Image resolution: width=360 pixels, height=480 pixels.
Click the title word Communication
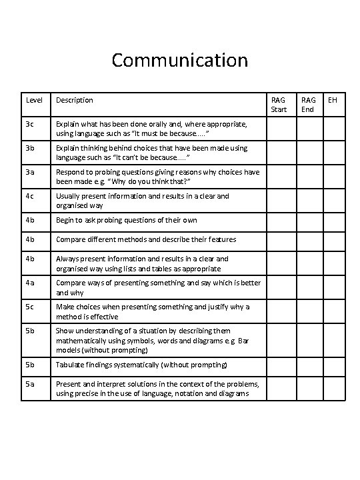click(179, 61)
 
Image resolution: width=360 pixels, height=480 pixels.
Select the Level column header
click(33, 100)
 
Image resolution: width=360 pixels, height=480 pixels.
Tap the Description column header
click(74, 100)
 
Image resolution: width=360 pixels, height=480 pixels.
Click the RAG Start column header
click(279, 105)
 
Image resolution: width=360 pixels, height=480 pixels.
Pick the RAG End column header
click(308, 105)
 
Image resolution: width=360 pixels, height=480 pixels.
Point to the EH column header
click(333, 100)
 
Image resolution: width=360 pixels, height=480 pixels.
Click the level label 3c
click(30, 124)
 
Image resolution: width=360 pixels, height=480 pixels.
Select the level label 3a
click(30, 172)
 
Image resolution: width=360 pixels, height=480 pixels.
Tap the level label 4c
click(30, 196)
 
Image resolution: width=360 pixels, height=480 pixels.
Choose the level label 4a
click(30, 283)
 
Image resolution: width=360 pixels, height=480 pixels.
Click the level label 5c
click(30, 307)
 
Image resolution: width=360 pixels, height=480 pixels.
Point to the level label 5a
click(30, 383)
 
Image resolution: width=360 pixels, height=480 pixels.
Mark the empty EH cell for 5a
click(335, 389)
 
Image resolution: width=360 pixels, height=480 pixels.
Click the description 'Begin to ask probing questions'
click(126, 220)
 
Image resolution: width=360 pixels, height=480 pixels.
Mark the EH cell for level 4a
click(335, 287)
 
